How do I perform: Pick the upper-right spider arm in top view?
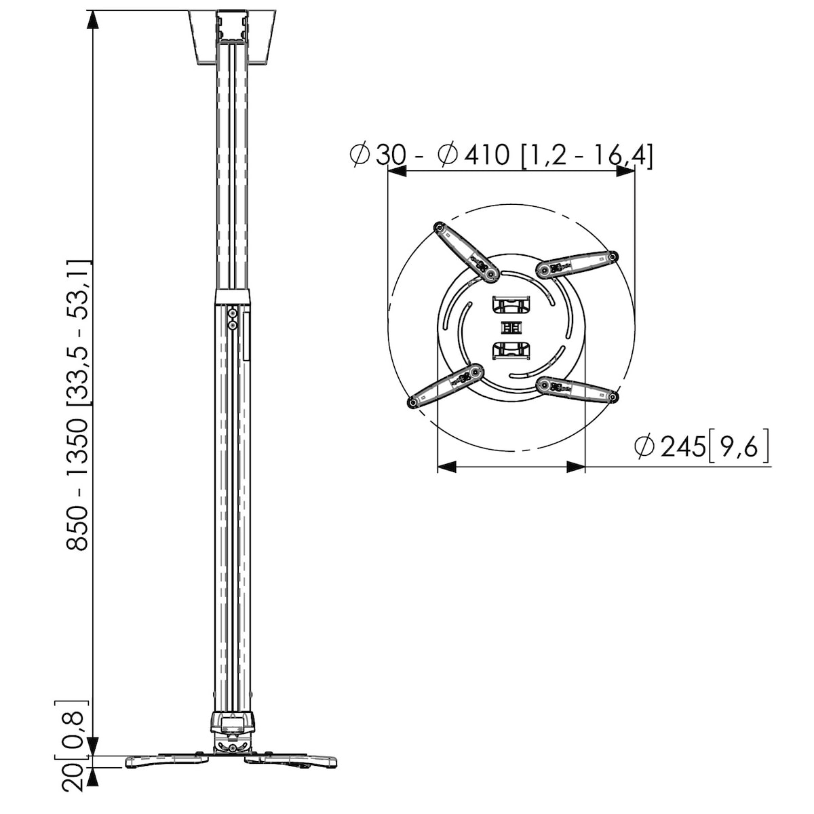pos(577,265)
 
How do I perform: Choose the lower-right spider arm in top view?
pos(577,389)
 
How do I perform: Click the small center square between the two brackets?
pos(511,328)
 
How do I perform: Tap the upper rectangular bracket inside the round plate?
pos(511,305)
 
